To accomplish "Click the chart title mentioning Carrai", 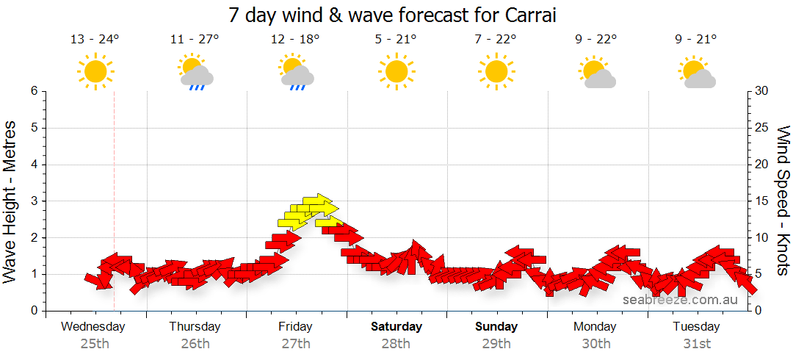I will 396,15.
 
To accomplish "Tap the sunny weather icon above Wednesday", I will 95,72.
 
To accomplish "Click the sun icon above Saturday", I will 396,72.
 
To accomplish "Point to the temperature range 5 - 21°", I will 396,40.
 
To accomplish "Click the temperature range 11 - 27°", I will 195,40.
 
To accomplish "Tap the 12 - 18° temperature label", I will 295,40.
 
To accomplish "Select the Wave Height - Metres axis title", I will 11,201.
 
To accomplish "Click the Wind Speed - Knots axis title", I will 783,201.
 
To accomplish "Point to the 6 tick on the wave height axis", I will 33,91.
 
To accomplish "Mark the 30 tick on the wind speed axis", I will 762,91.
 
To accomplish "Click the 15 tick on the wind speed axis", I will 762,201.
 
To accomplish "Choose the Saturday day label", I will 396,326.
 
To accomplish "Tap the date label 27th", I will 295,343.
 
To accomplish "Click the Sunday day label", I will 496,326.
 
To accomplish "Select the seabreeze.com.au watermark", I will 680,300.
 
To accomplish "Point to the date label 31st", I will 697,343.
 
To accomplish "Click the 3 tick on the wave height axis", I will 33,201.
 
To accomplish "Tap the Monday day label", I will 595,326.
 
